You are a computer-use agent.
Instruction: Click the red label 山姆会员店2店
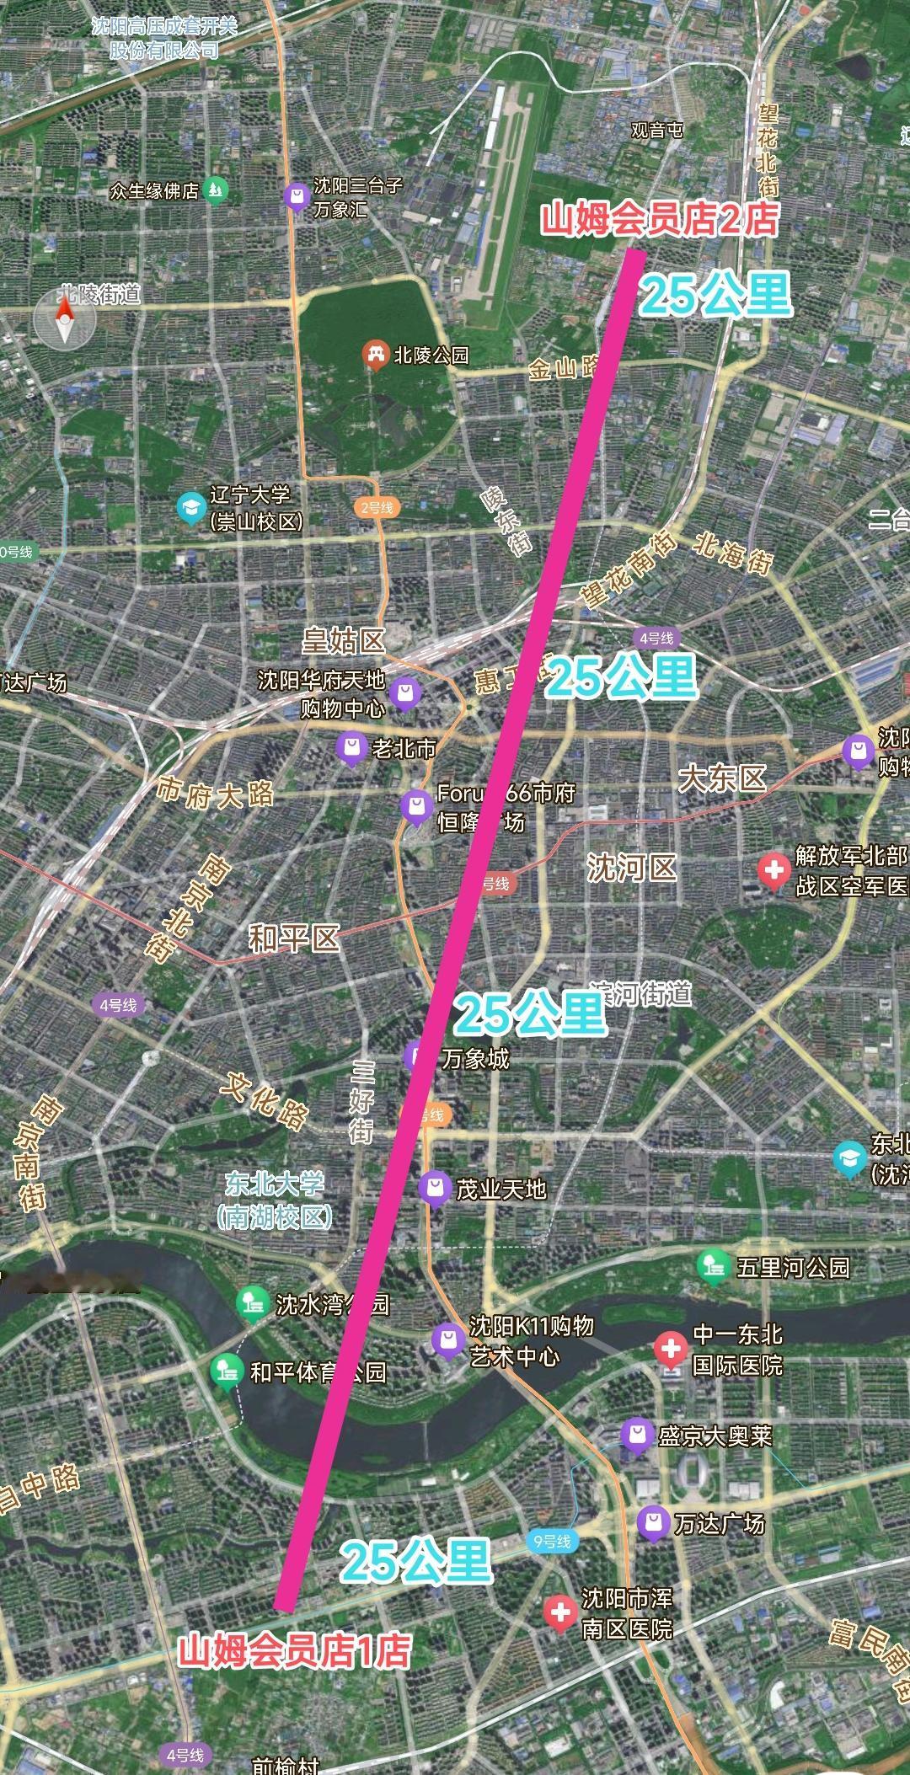pyautogui.click(x=658, y=220)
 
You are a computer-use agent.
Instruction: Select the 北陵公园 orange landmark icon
pyautogui.click(x=374, y=355)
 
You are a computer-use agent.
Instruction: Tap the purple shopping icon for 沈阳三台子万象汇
pyautogui.click(x=295, y=196)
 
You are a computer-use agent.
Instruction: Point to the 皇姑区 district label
pyautogui.click(x=344, y=641)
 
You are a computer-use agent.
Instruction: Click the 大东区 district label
pyautogui.click(x=723, y=778)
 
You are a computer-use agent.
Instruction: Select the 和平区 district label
pyautogui.click(x=293, y=938)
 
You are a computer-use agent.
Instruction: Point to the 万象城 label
pyautogui.click(x=475, y=1058)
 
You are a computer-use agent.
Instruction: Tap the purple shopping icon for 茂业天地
pyautogui.click(x=434, y=1188)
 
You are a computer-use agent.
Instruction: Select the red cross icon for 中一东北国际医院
pyautogui.click(x=671, y=1349)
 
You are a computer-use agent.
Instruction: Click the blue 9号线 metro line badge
pyautogui.click(x=552, y=1542)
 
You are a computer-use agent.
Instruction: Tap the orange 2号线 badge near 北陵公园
pyautogui.click(x=377, y=507)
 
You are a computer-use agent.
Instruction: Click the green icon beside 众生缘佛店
pyautogui.click(x=217, y=190)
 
